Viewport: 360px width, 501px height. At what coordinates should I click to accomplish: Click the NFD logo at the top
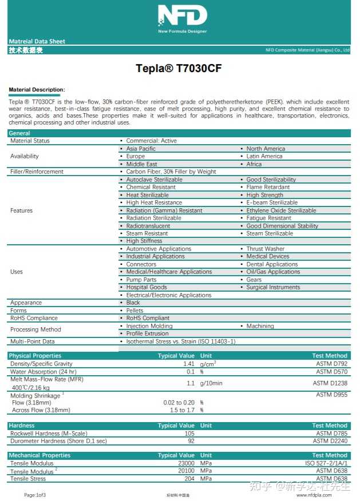click(x=182, y=18)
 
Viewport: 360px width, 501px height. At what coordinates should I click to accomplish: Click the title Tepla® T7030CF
click(x=179, y=69)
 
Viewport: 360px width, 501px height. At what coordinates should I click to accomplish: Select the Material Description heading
click(x=37, y=90)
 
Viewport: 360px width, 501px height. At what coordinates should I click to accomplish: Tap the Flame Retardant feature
click(x=268, y=187)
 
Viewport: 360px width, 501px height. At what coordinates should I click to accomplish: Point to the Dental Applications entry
click(x=272, y=264)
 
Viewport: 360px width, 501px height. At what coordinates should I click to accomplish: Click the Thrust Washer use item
click(x=265, y=249)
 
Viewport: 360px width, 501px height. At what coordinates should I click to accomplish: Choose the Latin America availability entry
click(x=264, y=156)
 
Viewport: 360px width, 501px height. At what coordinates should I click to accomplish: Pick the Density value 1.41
click(x=189, y=364)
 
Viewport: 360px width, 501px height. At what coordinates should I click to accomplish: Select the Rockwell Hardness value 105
click(x=189, y=434)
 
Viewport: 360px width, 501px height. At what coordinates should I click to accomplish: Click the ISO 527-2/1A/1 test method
click(x=326, y=463)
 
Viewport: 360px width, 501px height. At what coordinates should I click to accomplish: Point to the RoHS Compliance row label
click(x=34, y=318)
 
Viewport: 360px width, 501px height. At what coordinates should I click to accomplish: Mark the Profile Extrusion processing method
click(x=147, y=333)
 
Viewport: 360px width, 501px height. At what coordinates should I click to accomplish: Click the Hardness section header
click(x=22, y=426)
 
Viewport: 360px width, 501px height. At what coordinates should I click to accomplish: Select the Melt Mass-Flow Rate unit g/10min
click(x=211, y=383)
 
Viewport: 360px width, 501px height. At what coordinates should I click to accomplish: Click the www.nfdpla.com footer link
click(x=314, y=495)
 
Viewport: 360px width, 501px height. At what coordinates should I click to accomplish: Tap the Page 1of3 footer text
click(x=35, y=495)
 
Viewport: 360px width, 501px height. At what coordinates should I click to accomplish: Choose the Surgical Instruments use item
click(x=273, y=287)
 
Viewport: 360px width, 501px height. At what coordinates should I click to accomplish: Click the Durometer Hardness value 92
click(x=191, y=441)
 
